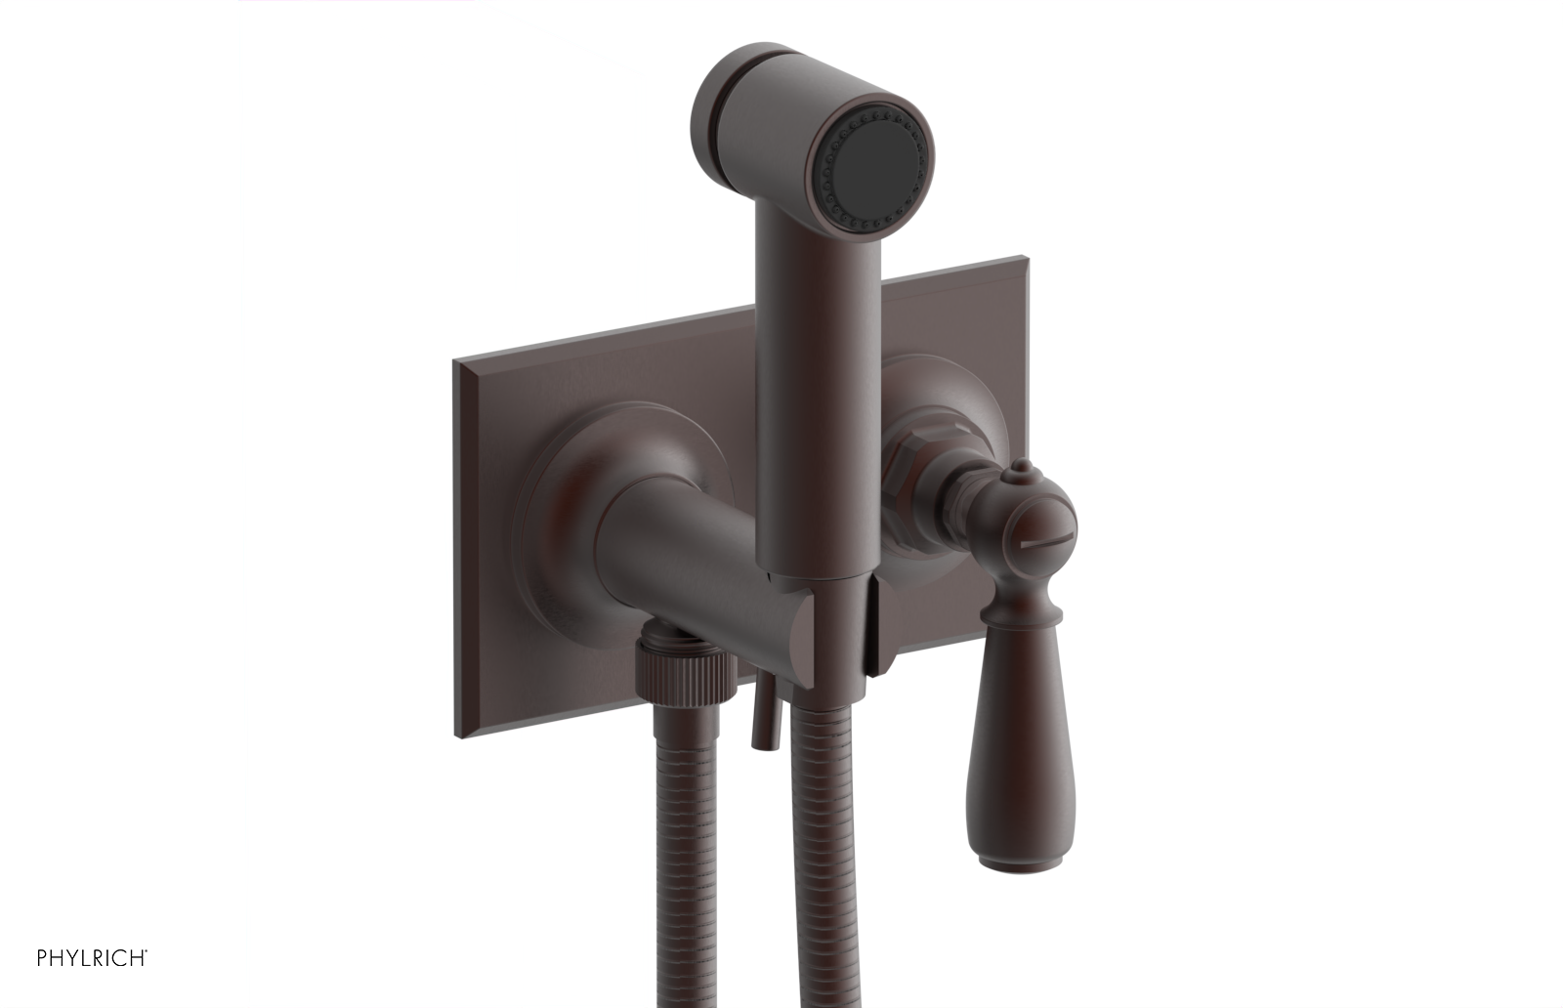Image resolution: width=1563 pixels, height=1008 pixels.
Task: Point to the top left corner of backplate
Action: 455,362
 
